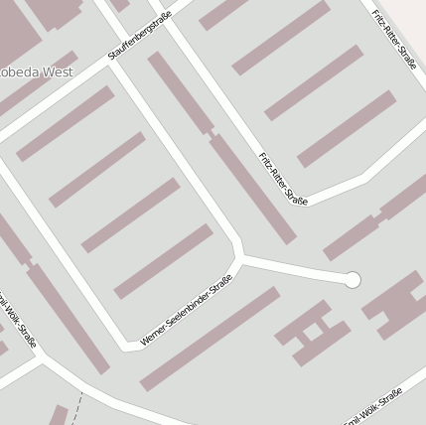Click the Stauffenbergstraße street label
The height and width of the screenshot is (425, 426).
click(140, 35)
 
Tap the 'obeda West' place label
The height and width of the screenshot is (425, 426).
click(36, 71)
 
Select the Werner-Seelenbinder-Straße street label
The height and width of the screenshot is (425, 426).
click(186, 310)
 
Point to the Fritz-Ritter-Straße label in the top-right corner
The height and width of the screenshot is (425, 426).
click(393, 40)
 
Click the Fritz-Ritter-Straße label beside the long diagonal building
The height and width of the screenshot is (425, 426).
click(283, 179)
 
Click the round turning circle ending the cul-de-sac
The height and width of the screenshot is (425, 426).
click(352, 280)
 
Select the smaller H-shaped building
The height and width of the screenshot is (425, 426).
click(312, 332)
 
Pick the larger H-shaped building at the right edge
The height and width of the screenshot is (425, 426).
click(400, 303)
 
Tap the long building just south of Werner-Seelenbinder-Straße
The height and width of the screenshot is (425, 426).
click(210, 339)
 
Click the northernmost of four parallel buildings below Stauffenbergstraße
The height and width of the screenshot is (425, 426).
click(66, 123)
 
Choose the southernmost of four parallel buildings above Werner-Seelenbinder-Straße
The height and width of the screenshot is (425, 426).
click(163, 261)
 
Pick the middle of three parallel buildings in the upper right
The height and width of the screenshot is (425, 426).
click(314, 82)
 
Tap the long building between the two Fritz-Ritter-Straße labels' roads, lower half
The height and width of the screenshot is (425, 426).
click(252, 189)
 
